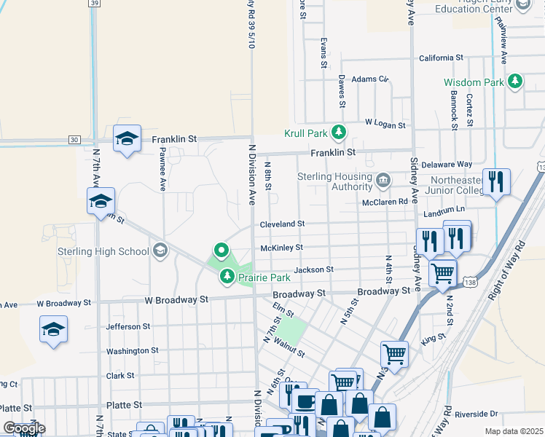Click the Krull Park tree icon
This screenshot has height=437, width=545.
coord(338,133)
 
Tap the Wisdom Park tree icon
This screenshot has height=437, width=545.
coord(516,82)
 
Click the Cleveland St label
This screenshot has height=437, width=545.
coord(281,224)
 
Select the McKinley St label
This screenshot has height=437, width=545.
coord(281,248)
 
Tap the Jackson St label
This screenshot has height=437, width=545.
coord(314,269)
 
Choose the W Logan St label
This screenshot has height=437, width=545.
coord(385,125)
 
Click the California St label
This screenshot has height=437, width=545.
coord(441,58)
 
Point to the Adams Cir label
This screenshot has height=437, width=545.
coord(371,79)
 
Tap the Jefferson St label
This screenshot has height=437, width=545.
coord(128,327)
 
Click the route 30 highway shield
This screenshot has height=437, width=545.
coord(74,139)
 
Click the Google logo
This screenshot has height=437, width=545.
coord(23,428)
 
